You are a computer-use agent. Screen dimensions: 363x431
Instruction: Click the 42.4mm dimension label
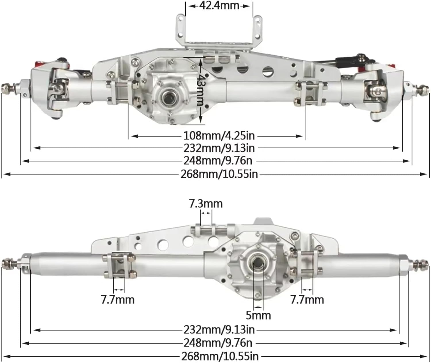click(219, 5)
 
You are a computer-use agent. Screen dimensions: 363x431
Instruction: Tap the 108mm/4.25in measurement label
click(219, 135)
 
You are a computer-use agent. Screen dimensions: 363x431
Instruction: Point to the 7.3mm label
click(206, 203)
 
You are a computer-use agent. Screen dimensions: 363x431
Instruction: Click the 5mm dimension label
click(258, 315)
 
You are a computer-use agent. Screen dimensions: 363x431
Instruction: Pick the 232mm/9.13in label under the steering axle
click(219, 148)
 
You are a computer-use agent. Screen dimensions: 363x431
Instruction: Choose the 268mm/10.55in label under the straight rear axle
click(220, 356)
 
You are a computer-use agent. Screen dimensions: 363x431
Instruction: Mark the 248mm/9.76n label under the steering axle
click(218, 161)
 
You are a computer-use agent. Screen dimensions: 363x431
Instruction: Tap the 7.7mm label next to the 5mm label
click(307, 300)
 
